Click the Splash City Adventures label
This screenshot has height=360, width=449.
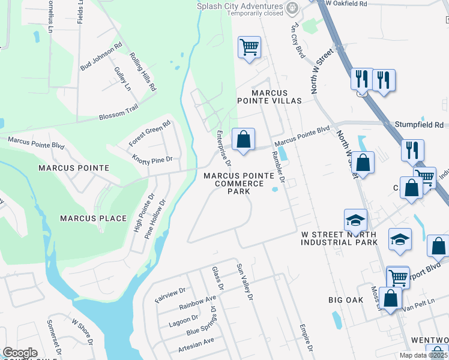pyautogui.click(x=239, y=6)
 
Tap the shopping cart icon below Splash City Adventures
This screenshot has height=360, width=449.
pyautogui.click(x=249, y=47)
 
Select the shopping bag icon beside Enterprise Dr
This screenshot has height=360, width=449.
pyautogui.click(x=243, y=140)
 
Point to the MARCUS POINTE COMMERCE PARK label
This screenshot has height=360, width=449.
pyautogui.click(x=238, y=184)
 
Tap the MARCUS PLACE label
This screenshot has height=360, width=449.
pyautogui.click(x=93, y=218)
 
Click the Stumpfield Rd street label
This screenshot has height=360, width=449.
pyautogui.click(x=418, y=125)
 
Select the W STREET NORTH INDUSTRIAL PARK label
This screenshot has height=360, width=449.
pyautogui.click(x=339, y=238)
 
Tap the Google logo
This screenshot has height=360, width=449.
pyautogui.click(x=20, y=353)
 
